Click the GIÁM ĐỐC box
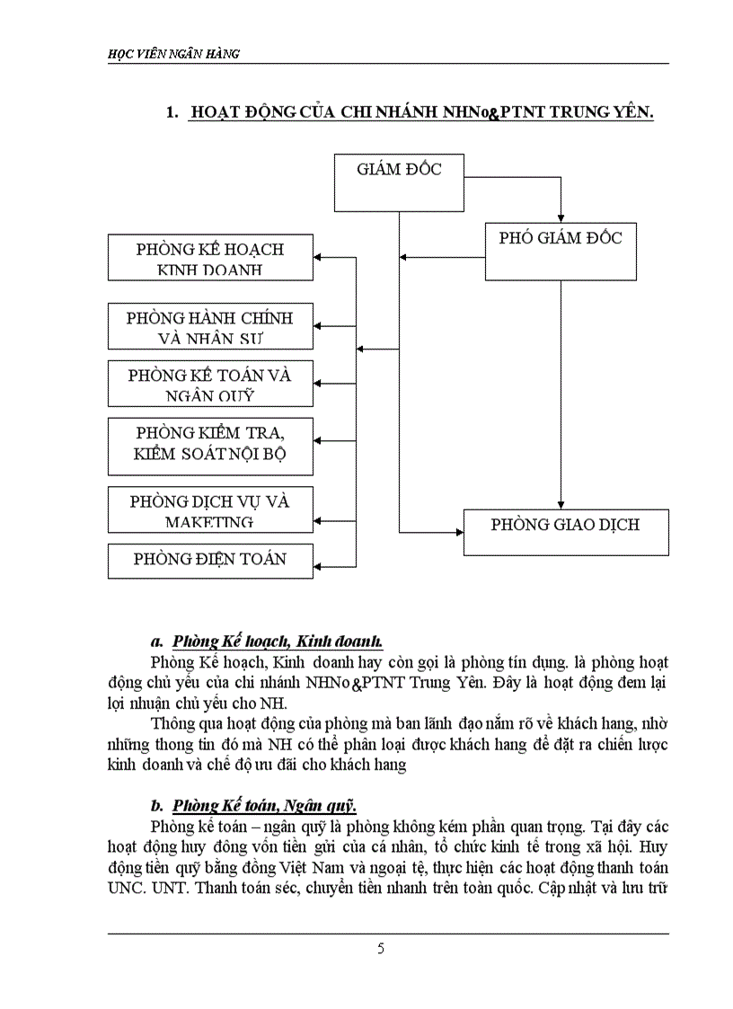399,183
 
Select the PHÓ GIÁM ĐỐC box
561,252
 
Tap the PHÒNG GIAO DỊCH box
565,531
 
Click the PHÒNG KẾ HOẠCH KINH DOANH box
210,258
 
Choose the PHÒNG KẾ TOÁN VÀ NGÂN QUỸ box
210,384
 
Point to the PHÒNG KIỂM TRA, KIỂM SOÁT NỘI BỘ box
210,446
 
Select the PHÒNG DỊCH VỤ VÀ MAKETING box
210,509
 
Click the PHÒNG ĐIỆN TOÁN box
210,561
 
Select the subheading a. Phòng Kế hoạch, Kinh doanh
266,641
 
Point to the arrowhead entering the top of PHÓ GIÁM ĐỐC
561,218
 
